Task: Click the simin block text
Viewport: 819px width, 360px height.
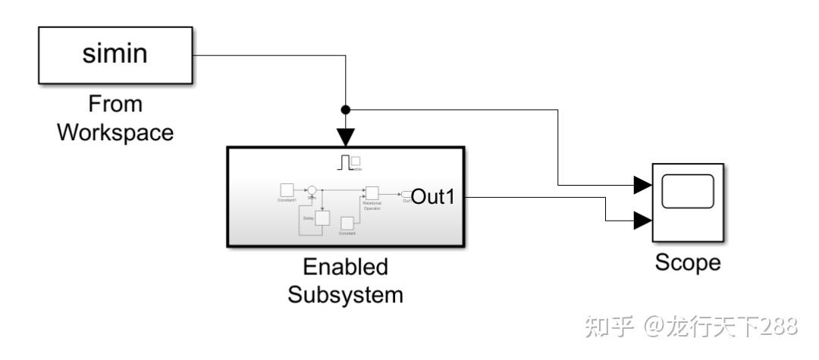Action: pos(115,55)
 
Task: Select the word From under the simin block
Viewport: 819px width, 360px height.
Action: pos(115,104)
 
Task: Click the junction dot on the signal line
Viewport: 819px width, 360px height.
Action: pos(346,109)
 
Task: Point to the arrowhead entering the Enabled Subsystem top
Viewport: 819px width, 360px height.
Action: pos(346,136)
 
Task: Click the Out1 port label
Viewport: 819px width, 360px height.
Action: pos(432,197)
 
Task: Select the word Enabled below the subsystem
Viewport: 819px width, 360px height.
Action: pos(345,267)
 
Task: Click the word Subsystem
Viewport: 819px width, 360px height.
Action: pos(345,294)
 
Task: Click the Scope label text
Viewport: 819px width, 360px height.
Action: pos(687,262)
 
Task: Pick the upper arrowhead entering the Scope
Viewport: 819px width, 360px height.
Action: pos(642,184)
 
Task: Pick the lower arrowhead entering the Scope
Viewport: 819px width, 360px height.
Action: pos(642,221)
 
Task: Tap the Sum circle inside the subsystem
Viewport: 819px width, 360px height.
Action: pos(312,191)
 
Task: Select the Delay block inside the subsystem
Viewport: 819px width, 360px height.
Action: pos(322,218)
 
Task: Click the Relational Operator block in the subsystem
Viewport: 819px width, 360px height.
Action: pos(372,193)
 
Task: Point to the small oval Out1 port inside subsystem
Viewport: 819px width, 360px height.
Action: pos(407,194)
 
